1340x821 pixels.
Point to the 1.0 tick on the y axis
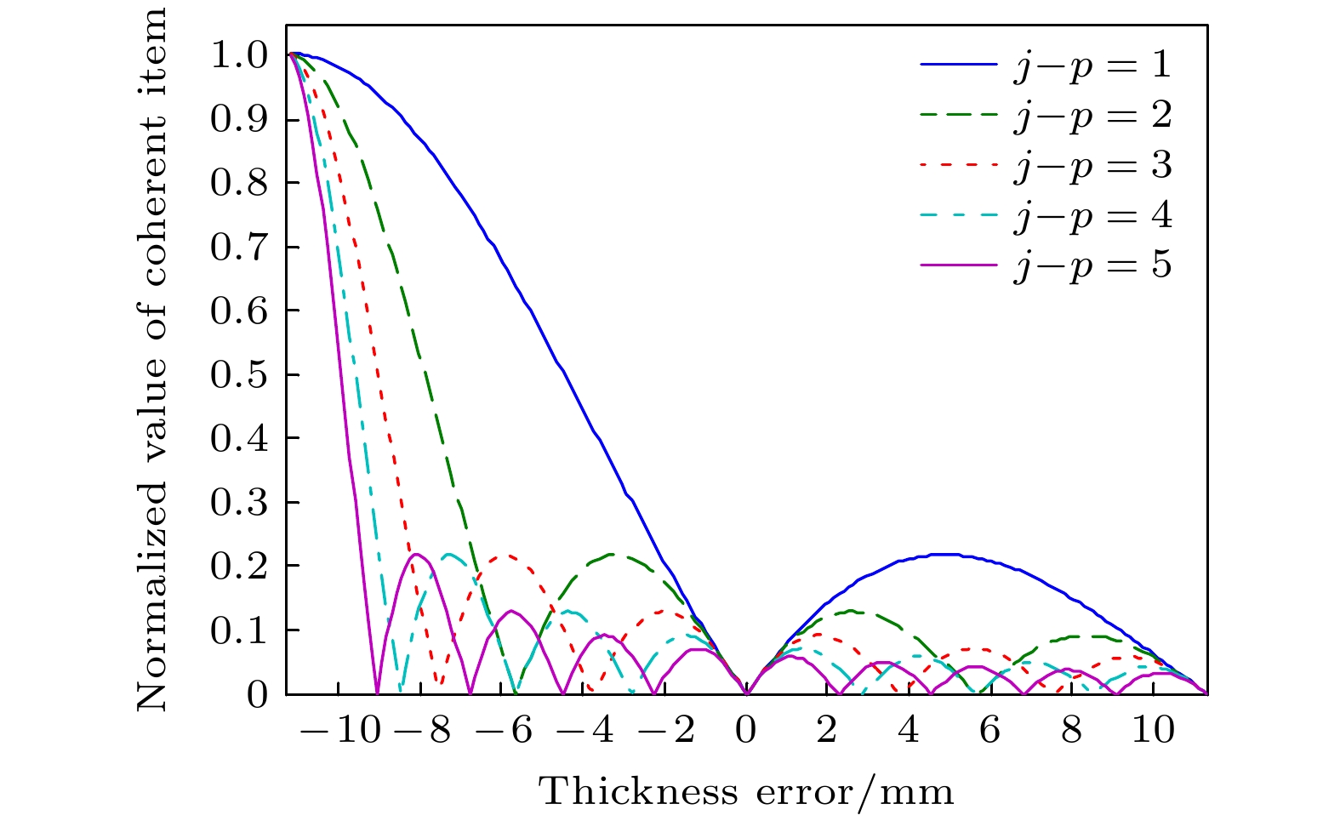click(x=239, y=56)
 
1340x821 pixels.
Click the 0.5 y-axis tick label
click(x=239, y=375)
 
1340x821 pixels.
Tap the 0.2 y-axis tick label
click(x=239, y=567)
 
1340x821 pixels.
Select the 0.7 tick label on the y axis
click(x=239, y=248)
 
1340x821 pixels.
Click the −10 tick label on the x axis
click(x=340, y=731)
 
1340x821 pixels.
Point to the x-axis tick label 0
click(x=746, y=731)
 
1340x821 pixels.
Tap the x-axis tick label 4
click(x=909, y=731)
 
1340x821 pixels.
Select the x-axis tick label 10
click(x=1153, y=731)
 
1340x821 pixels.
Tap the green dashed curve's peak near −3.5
click(x=611, y=555)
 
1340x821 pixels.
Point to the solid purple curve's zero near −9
click(x=377, y=691)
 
